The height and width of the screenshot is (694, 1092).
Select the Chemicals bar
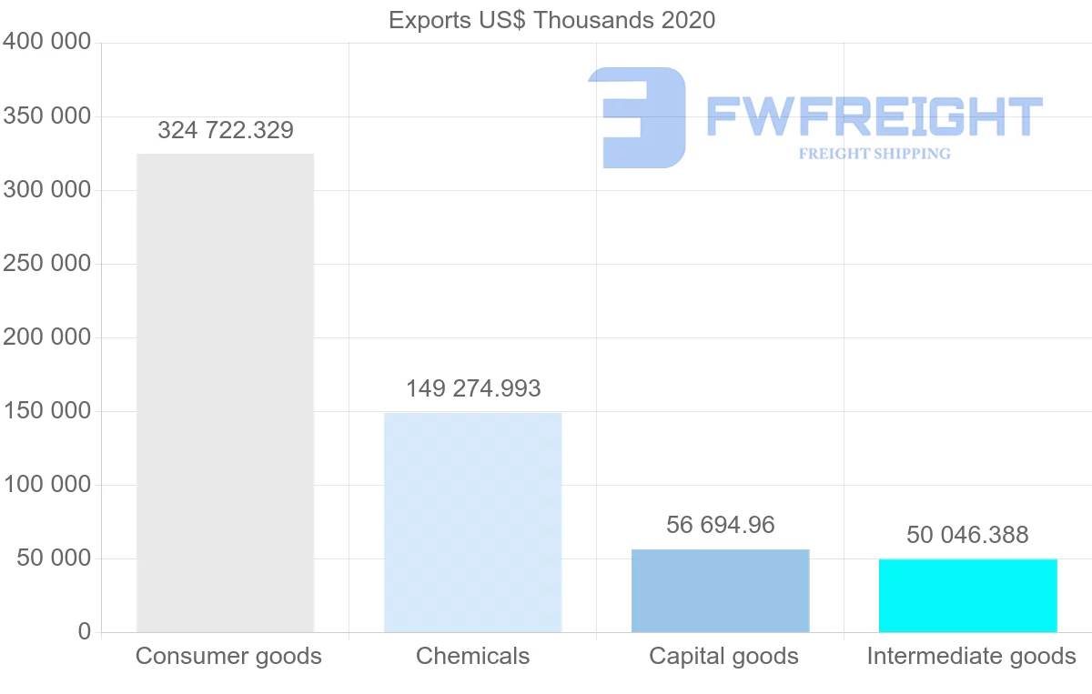click(x=472, y=522)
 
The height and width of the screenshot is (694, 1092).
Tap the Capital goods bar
click(x=720, y=590)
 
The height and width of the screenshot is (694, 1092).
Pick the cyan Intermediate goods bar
click(x=967, y=595)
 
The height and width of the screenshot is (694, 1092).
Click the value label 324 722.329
click(x=226, y=130)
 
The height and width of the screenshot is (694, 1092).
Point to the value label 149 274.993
click(x=473, y=388)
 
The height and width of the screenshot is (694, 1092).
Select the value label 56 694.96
click(x=721, y=525)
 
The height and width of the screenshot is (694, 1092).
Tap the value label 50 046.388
click(x=967, y=535)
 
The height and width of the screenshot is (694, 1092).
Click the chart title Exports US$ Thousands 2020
click(x=551, y=20)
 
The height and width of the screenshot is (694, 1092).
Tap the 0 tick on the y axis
click(x=85, y=631)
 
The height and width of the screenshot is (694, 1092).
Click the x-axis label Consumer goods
click(x=228, y=656)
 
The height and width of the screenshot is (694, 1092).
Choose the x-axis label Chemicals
click(x=472, y=656)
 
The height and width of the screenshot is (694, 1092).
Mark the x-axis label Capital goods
click(x=723, y=656)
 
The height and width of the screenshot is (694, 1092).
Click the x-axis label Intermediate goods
click(x=971, y=656)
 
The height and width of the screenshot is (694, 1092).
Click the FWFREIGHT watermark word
click(x=874, y=116)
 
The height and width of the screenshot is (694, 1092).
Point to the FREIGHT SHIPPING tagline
click(x=875, y=154)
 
